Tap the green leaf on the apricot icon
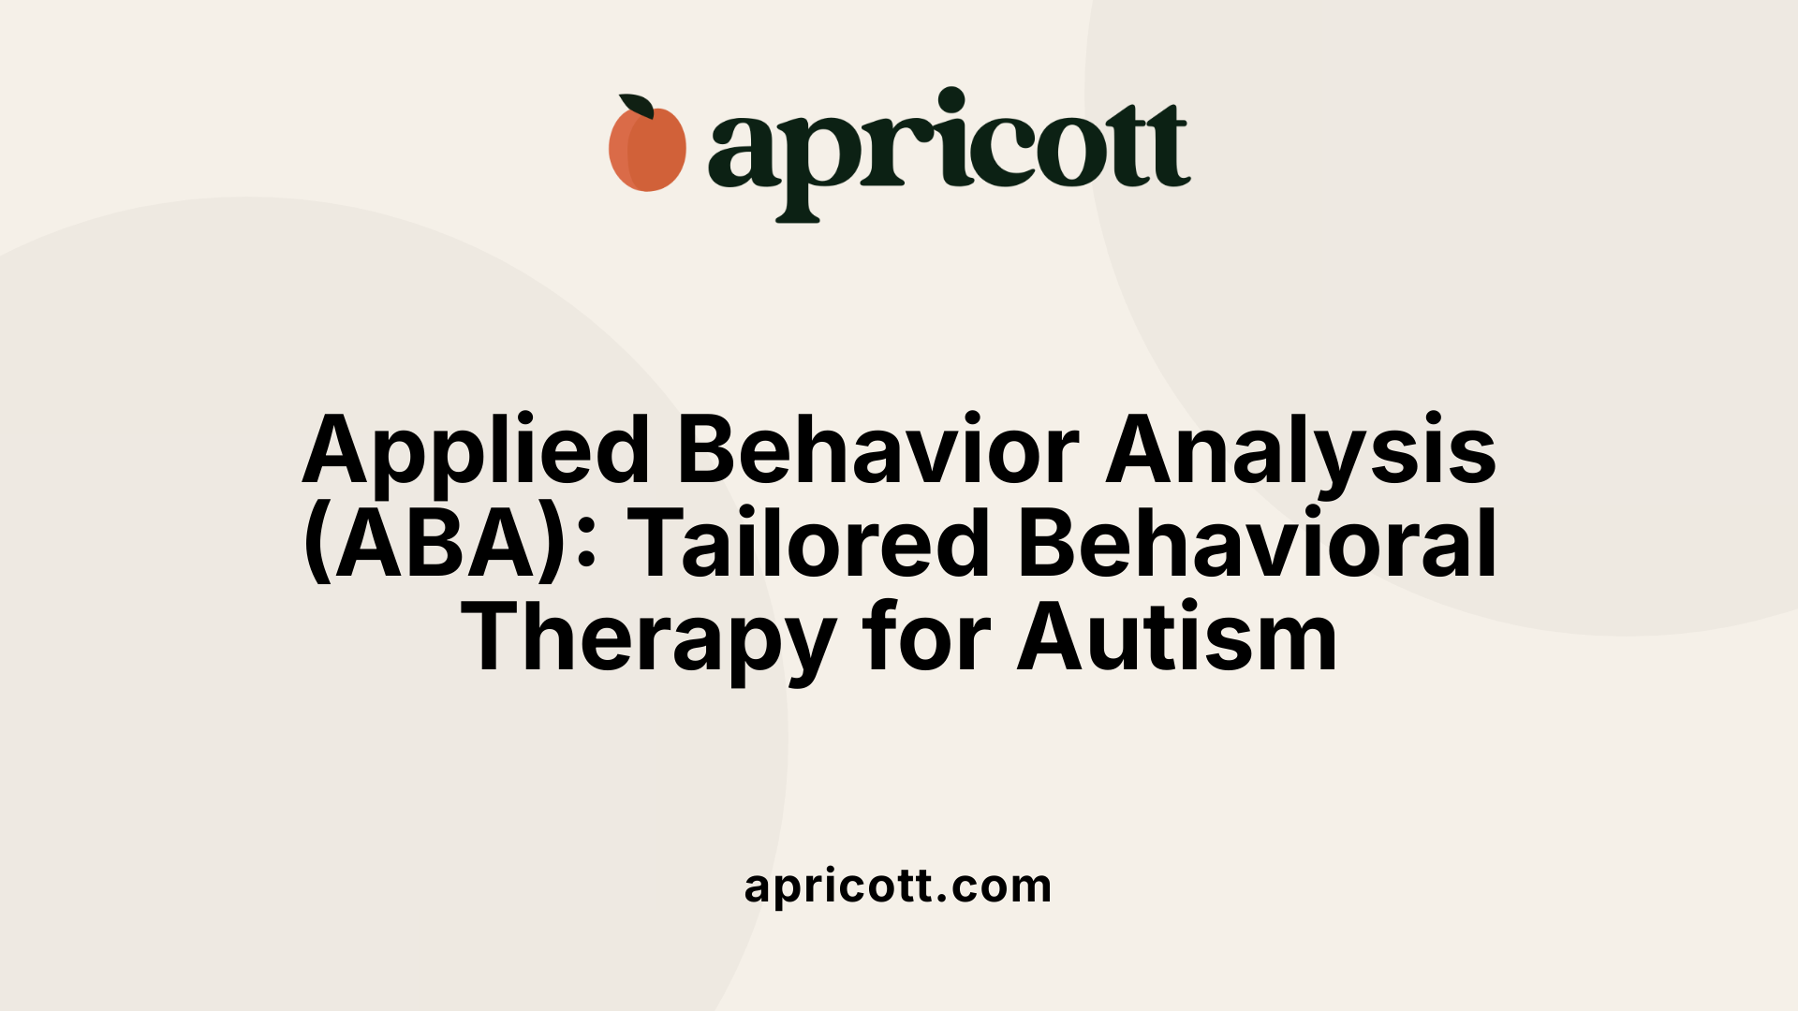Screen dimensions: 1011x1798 click(636, 106)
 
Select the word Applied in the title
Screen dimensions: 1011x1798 click(476, 451)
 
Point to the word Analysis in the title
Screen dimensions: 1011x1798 click(1301, 451)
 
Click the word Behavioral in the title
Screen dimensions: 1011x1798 click(1257, 546)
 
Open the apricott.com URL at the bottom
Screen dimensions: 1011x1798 click(898, 886)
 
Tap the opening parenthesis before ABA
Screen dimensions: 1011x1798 click(317, 546)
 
